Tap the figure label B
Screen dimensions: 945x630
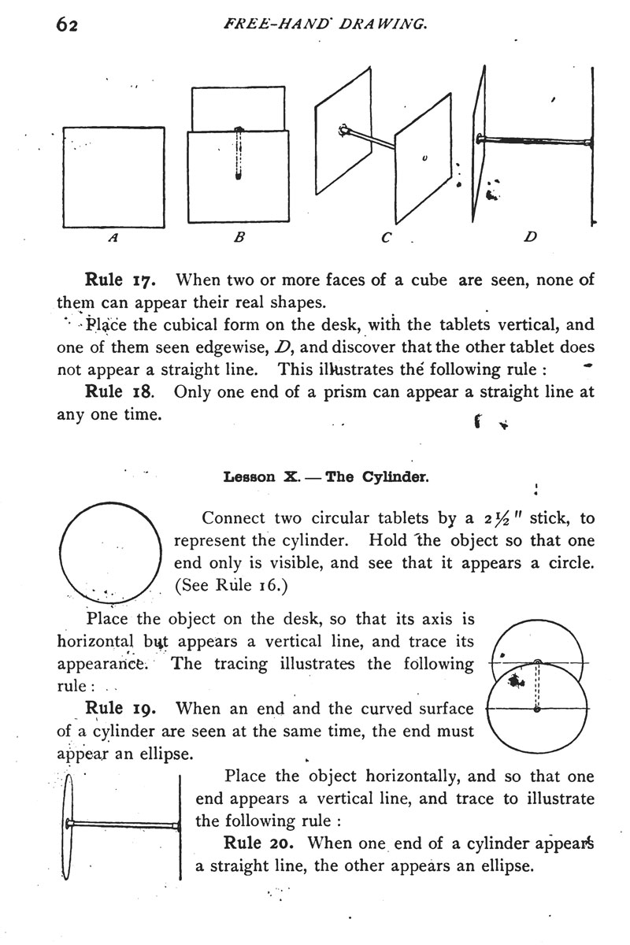236,235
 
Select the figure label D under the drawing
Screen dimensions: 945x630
529,235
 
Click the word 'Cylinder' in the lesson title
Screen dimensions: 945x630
399,477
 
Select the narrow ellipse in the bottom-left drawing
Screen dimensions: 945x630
68,825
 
